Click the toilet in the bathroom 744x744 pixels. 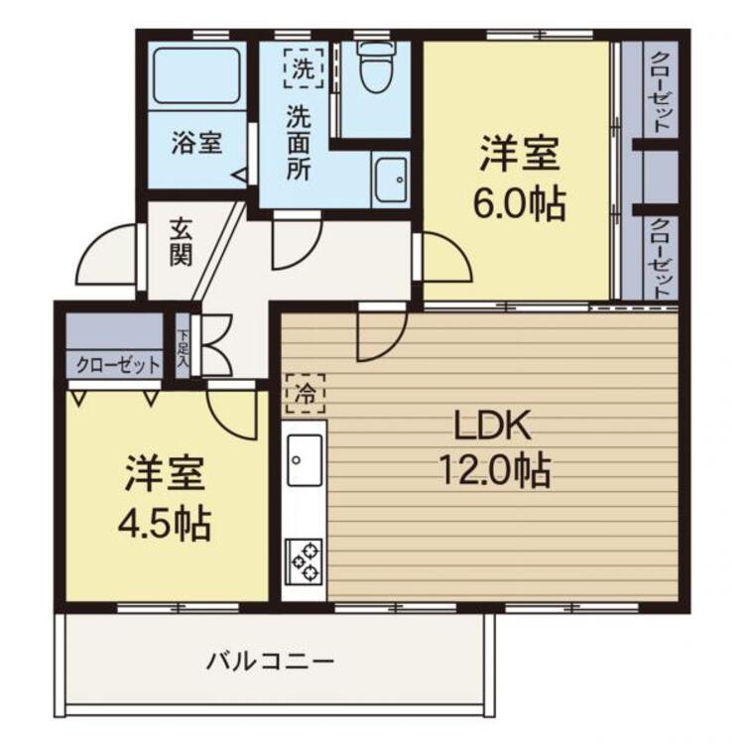(375, 67)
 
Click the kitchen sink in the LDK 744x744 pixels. (305, 458)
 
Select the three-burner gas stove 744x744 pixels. (305, 561)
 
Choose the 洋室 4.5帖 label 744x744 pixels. (167, 498)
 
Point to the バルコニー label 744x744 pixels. (270, 661)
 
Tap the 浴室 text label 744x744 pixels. (195, 142)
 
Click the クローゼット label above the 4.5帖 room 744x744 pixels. (120, 365)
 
